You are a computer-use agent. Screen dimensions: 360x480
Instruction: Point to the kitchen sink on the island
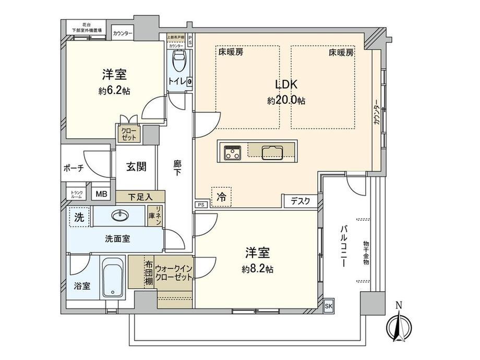[x=272, y=152]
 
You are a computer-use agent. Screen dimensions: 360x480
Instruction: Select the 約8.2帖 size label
[x=257, y=269]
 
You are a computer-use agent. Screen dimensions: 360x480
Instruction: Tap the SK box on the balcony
[x=328, y=306]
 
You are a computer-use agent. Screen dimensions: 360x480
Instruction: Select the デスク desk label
[x=301, y=200]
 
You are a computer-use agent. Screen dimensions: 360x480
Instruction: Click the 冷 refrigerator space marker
[x=222, y=197]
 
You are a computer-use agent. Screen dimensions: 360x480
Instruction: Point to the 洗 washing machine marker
[x=78, y=216]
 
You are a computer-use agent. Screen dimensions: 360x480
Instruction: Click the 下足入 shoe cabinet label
[x=140, y=197]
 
